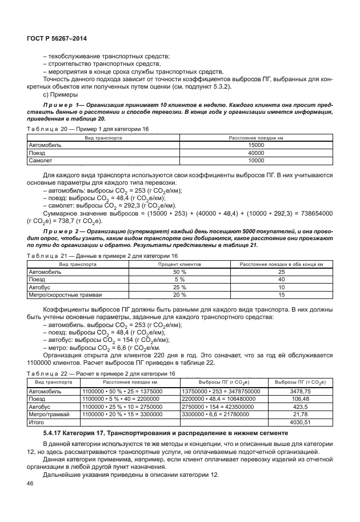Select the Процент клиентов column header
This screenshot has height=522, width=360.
click(179, 265)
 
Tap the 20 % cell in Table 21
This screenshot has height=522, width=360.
click(179, 294)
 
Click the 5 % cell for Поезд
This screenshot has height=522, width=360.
click(179, 280)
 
